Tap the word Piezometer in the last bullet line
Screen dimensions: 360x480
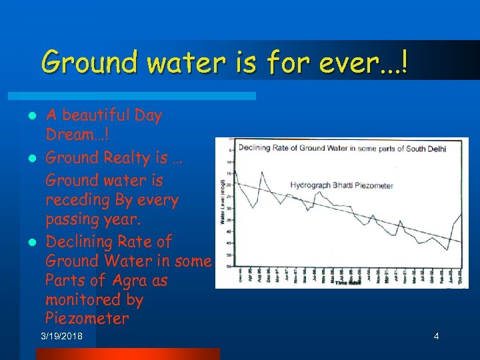(x=87, y=319)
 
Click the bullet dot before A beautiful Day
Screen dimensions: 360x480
(x=31, y=116)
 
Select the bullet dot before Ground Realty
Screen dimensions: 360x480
(x=31, y=159)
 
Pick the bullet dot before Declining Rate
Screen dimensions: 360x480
(x=31, y=242)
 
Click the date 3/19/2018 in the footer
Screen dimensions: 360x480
(x=62, y=336)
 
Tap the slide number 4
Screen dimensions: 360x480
(x=436, y=336)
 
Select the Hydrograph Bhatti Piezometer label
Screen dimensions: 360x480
(x=341, y=185)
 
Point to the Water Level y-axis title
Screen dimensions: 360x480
(x=223, y=200)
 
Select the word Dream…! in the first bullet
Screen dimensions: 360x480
(x=73, y=134)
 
